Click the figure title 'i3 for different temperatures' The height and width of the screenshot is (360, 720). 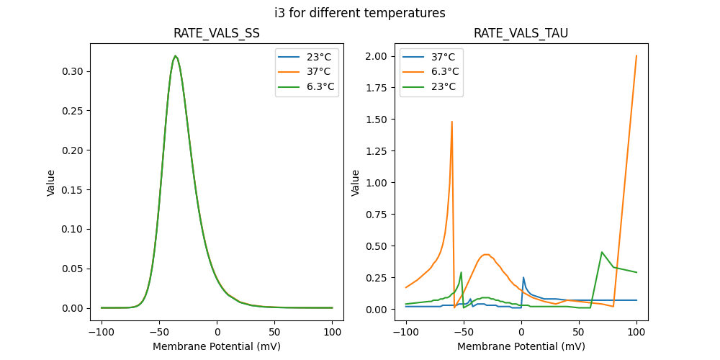click(360, 13)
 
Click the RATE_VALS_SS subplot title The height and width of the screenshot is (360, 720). click(217, 33)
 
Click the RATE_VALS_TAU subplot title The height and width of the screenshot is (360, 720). click(521, 33)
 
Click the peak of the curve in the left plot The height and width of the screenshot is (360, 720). click(175, 56)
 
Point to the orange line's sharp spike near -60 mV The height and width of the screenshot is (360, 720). click(452, 122)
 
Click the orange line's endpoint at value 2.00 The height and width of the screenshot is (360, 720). click(636, 55)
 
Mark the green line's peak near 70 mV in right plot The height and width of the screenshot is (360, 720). click(602, 252)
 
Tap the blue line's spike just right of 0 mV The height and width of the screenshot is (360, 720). click(523, 277)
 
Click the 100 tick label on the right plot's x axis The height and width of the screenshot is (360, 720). click(636, 333)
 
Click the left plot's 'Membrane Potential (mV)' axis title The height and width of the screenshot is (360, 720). click(217, 346)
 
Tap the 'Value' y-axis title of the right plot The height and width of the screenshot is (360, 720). click(356, 183)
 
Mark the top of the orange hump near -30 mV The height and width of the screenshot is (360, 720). click(487, 254)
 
